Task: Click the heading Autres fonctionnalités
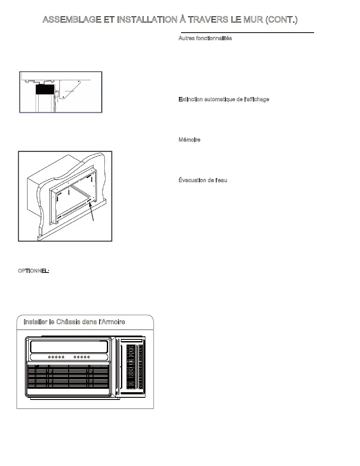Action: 205,39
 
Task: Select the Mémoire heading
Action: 189,140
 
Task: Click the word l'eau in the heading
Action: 220,180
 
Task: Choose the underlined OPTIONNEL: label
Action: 33,271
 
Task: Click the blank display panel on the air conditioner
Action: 69,346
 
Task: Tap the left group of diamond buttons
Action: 56,357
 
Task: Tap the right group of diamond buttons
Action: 82,357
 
